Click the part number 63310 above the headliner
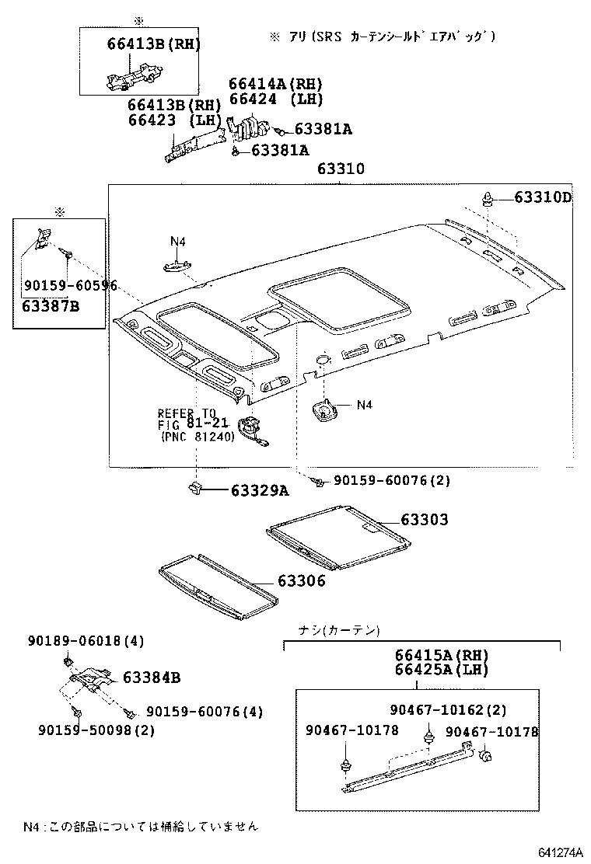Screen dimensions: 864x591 341,170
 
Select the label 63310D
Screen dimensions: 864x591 542,197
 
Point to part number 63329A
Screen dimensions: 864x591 259,490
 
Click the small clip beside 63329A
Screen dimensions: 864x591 194,489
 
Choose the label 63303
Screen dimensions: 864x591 424,520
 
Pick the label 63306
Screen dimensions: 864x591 301,581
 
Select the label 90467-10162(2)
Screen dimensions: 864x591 448,710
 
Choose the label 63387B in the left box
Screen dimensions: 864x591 51,305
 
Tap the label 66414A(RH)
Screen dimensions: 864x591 275,84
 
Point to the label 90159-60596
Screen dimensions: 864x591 70,286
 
